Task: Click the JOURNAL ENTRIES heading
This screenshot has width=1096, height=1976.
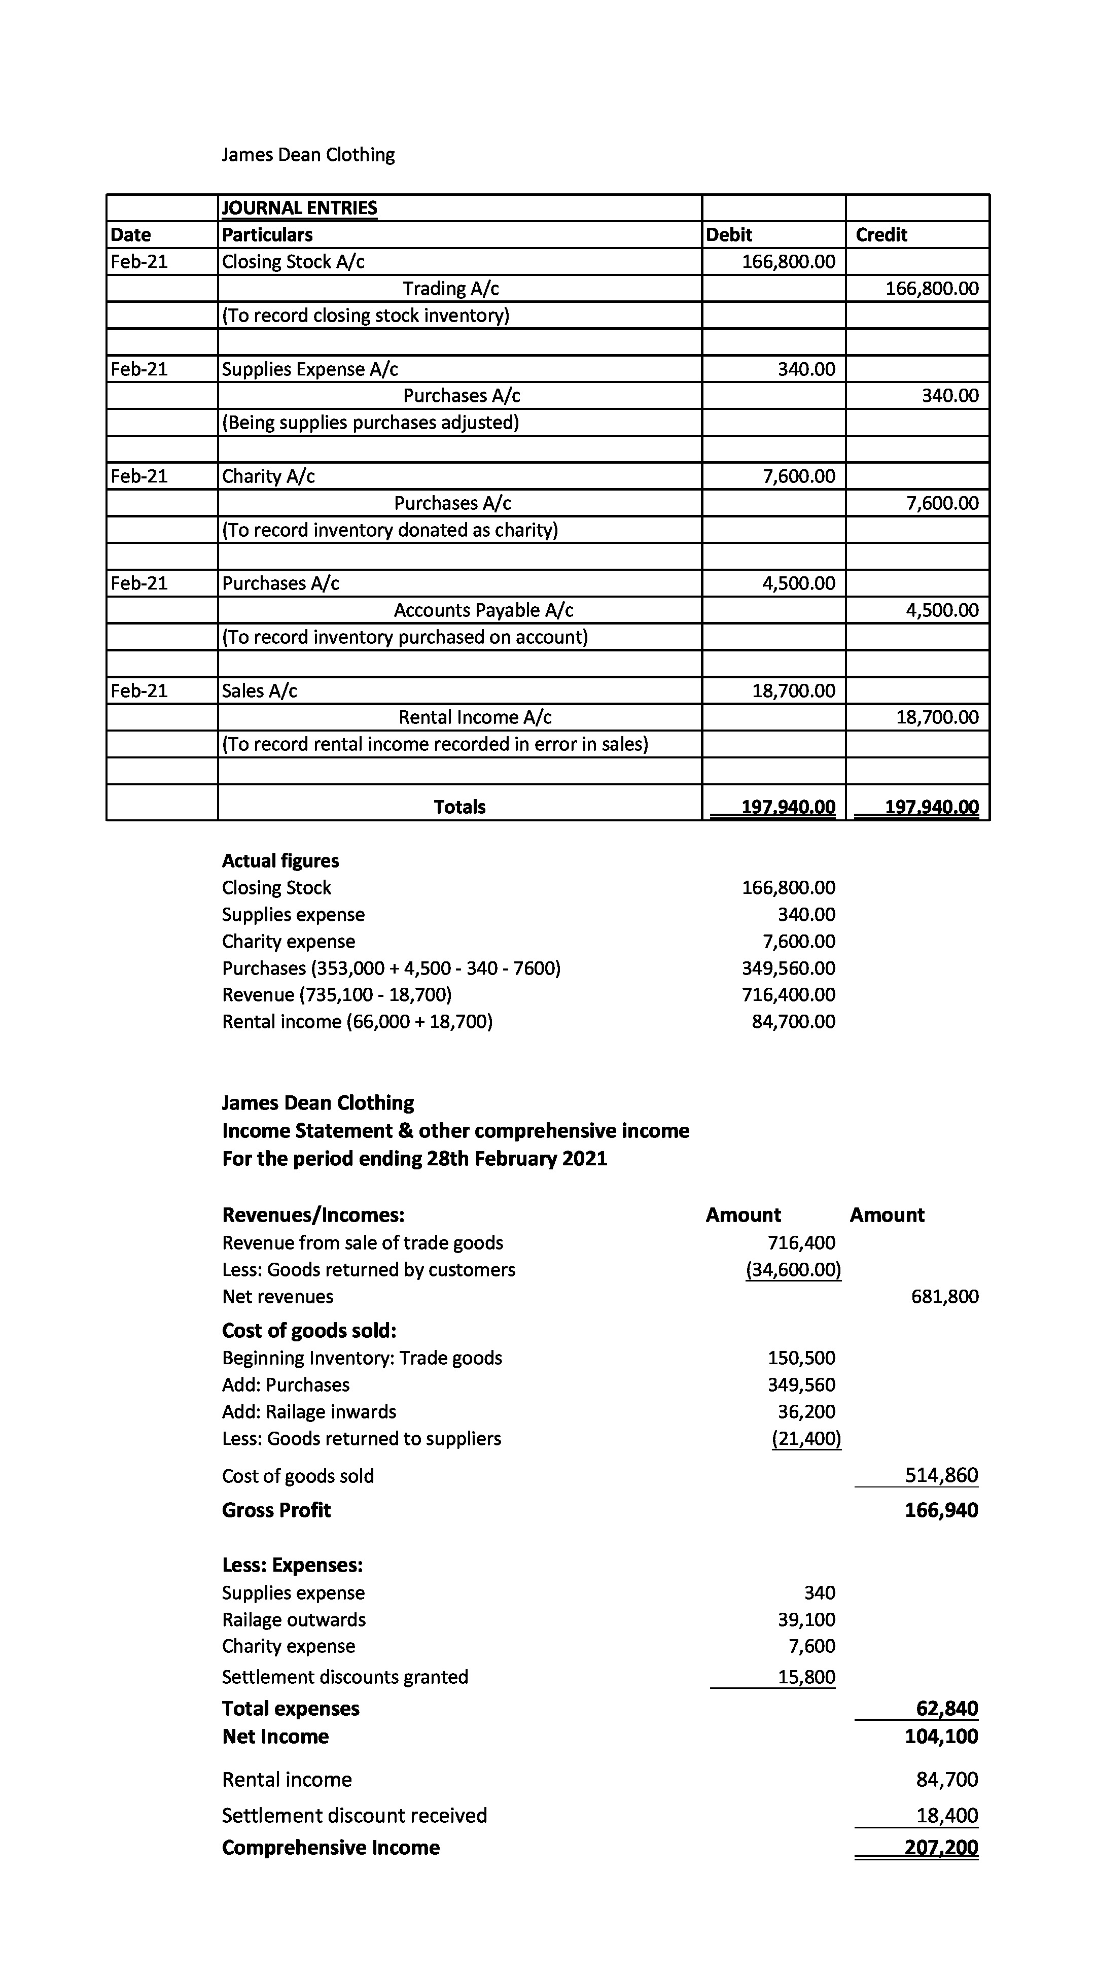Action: pos(299,208)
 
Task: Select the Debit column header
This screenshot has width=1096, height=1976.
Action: pos(729,235)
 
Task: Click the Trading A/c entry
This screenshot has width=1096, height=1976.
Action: pos(451,289)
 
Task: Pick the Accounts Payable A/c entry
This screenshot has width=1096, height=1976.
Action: pos(483,610)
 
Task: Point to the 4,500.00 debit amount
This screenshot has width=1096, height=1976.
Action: pos(798,583)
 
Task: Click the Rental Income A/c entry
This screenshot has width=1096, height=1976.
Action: pos(475,717)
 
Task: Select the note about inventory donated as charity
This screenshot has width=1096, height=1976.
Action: pos(390,530)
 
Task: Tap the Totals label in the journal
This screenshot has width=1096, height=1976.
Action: pos(459,807)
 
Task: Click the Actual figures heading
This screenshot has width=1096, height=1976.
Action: pos(280,861)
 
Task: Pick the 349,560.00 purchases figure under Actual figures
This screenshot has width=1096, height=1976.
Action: pos(789,968)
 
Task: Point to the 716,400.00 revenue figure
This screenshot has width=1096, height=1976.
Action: pos(789,995)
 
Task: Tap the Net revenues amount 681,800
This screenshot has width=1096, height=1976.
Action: pos(945,1296)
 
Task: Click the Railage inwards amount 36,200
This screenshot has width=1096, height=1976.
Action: pos(806,1411)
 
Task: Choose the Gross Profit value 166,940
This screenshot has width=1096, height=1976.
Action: pos(941,1510)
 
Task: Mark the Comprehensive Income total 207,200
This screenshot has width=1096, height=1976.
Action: pos(941,1847)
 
